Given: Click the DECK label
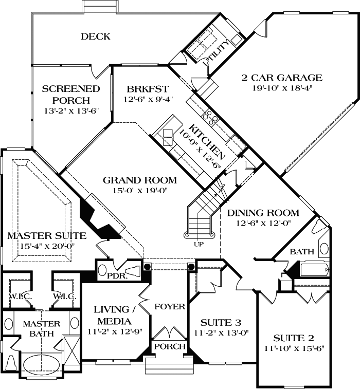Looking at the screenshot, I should tap(96, 36).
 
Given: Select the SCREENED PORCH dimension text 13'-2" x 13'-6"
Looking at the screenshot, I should tap(64, 110).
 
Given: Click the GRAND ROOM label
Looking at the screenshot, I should tap(139, 180).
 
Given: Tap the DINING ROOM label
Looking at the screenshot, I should tap(263, 213).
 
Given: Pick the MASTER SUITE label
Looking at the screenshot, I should tap(46, 236).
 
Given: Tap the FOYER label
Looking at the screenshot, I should tap(170, 307).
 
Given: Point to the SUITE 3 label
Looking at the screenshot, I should tap(222, 322).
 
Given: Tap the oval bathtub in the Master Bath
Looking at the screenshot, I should tap(42, 362).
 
